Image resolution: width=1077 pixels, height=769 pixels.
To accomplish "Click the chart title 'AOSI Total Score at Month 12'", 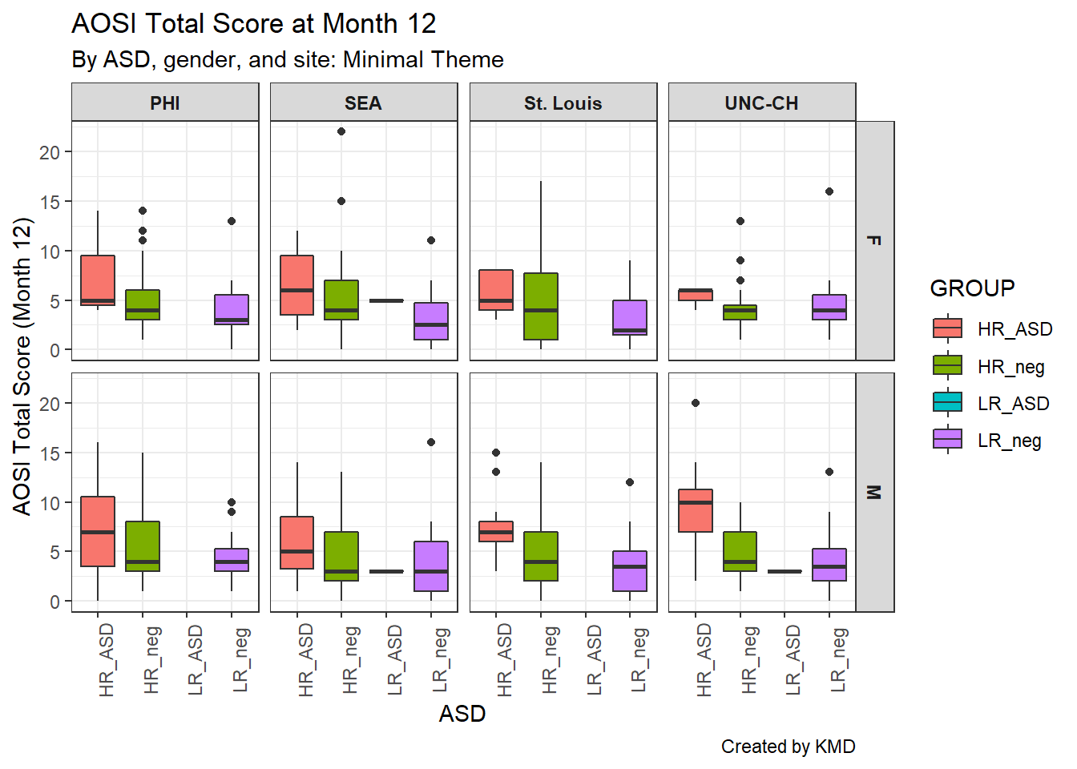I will tap(253, 24).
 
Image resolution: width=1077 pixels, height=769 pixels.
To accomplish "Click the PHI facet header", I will tap(165, 103).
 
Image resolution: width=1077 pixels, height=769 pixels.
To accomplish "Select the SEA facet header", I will tap(363, 103).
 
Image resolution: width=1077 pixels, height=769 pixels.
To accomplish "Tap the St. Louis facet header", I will tap(563, 103).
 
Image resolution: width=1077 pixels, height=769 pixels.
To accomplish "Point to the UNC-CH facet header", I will tap(761, 103).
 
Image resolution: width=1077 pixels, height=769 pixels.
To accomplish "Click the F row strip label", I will tap(874, 240).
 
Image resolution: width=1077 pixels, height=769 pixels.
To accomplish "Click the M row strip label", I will tap(874, 492).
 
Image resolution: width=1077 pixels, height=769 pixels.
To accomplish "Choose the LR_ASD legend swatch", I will tap(947, 403).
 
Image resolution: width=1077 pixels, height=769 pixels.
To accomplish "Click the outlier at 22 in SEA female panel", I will tap(341, 131).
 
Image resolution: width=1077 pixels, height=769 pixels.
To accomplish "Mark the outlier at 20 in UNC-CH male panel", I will tap(696, 403).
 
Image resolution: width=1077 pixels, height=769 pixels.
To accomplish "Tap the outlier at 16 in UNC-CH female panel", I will tap(829, 191).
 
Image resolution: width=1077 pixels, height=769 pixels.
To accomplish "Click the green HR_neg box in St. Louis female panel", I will tap(541, 306).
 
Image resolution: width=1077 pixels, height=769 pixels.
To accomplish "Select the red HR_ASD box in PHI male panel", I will tap(98, 531).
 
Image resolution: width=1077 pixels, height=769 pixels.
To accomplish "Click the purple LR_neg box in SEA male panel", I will tap(431, 566).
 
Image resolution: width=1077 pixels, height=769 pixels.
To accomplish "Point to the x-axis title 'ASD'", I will tap(462, 714).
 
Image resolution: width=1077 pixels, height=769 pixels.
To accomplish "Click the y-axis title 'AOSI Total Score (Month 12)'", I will tap(22, 366).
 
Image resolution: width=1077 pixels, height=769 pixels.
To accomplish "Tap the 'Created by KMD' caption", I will tap(788, 747).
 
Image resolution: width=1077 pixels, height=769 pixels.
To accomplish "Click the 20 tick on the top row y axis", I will tap(50, 152).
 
